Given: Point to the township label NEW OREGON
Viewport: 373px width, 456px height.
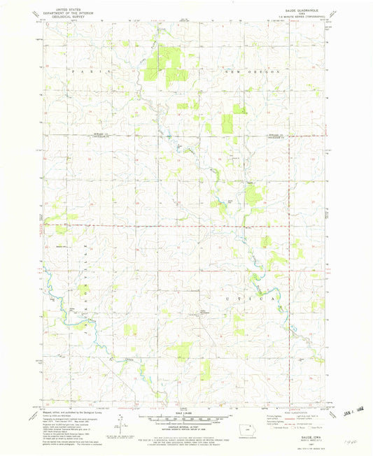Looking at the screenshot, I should pyautogui.click(x=252, y=71).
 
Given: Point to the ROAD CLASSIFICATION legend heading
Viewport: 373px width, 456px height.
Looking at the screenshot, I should pyautogui.click(x=293, y=413).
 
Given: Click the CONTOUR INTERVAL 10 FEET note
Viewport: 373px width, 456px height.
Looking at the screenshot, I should pyautogui.click(x=185, y=426).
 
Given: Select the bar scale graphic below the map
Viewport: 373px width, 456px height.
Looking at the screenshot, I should pyautogui.click(x=185, y=418).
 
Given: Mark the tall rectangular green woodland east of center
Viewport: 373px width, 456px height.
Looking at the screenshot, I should pyautogui.click(x=227, y=123).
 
